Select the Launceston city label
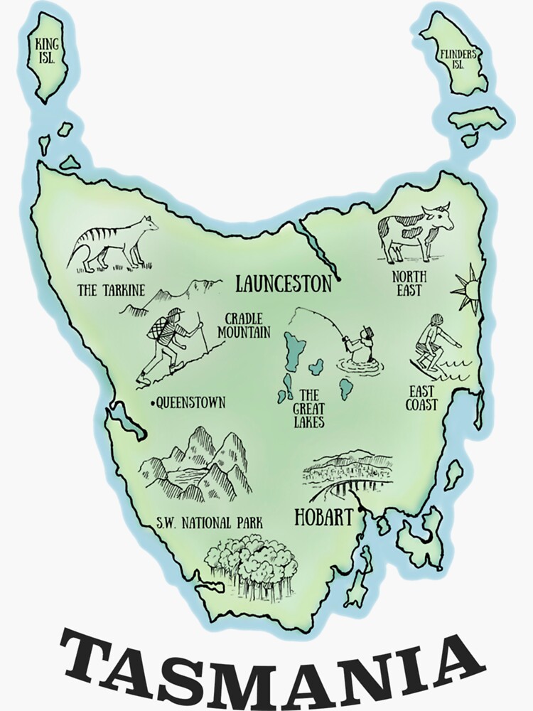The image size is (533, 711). click(x=284, y=284)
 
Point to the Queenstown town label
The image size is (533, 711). click(x=190, y=402)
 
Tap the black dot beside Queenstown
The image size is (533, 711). click(x=152, y=403)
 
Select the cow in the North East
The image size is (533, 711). click(x=414, y=231)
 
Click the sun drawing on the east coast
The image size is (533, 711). click(x=468, y=287)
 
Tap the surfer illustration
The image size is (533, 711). click(x=433, y=345)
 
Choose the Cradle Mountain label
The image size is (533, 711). click(x=244, y=325)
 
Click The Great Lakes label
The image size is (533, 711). click(x=311, y=407)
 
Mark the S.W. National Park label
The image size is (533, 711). click(x=209, y=523)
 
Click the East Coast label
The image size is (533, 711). click(x=422, y=398)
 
